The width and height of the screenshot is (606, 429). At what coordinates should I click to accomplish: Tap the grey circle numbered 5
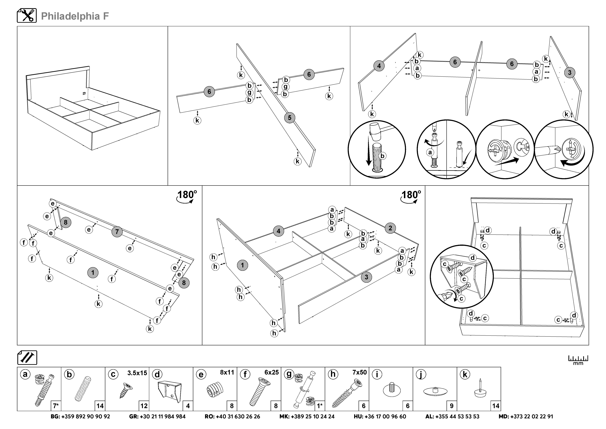pos(290,117)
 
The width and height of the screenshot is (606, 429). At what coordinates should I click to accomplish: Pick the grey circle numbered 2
pos(390,228)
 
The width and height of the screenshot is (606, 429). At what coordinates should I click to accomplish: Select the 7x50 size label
pos(359,372)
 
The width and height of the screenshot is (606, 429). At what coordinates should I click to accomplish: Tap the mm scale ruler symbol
pos(578,360)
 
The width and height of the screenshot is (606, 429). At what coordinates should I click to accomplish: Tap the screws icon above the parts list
pos(27,358)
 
